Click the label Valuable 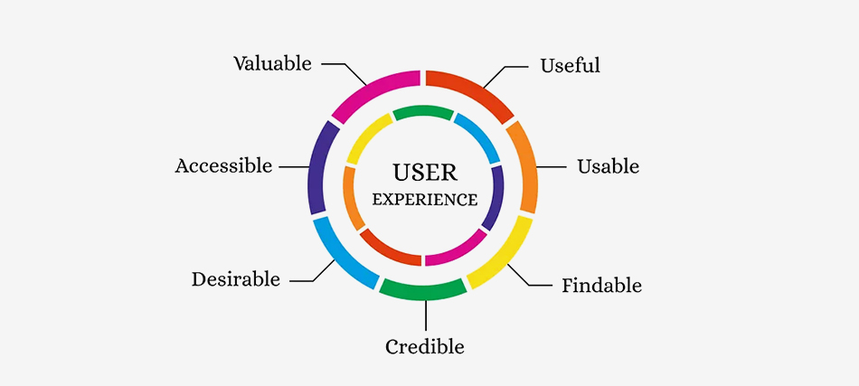coord(272,64)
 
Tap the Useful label coord(570,66)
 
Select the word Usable coord(608,167)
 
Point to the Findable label coord(601,287)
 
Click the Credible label coord(424,347)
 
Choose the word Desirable coord(235,279)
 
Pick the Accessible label coord(223,166)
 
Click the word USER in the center coord(425,172)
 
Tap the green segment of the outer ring coord(423,290)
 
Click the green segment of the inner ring coord(423,112)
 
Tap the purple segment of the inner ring coord(494,197)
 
